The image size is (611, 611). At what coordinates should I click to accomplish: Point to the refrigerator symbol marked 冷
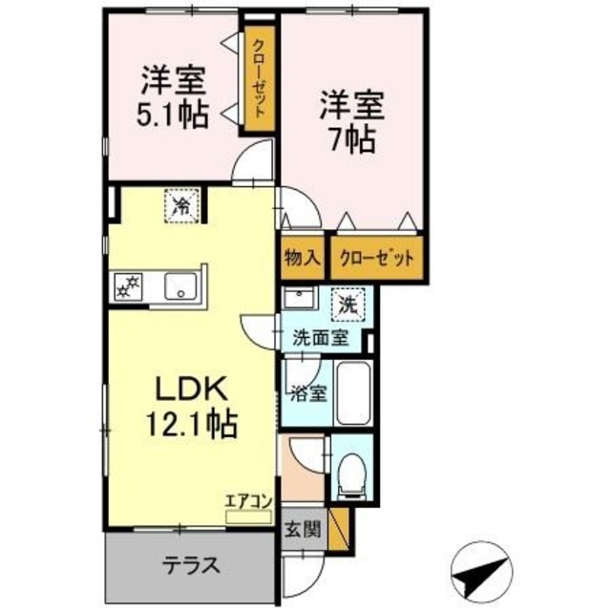180,204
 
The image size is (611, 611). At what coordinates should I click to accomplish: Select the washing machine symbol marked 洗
348,306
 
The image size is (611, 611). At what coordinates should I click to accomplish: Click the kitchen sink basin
180,285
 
